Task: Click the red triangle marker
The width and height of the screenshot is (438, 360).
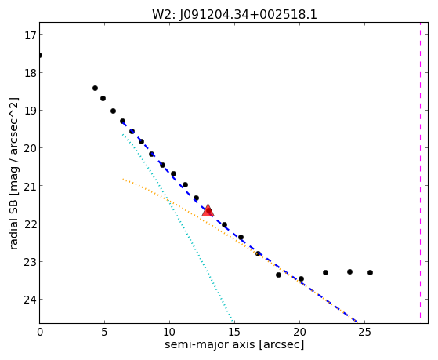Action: [x=208, y=211]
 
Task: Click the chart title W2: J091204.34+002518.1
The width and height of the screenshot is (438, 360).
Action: [x=234, y=15]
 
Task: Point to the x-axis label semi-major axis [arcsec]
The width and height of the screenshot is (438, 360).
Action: [x=234, y=344]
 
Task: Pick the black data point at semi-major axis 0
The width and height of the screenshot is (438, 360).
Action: [x=40, y=55]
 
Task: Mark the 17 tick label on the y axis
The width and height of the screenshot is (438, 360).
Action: [x=30, y=35]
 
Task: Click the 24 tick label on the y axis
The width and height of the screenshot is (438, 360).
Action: [x=30, y=300]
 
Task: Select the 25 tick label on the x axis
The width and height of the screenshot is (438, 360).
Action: [x=364, y=332]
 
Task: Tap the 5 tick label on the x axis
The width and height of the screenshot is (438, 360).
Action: [x=104, y=332]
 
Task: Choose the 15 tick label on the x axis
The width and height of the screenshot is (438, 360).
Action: [x=234, y=332]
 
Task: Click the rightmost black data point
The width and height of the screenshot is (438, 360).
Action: [x=370, y=272]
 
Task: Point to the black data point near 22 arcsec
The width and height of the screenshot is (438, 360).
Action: [x=325, y=272]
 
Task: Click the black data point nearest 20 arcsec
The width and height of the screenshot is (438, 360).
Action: [x=301, y=279]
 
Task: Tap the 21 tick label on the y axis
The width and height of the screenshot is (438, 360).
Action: [x=30, y=186]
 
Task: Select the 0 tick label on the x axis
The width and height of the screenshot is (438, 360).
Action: [x=40, y=332]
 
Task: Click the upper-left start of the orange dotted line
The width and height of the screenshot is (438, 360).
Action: [x=122, y=179]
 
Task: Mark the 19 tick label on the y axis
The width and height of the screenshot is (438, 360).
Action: [x=30, y=111]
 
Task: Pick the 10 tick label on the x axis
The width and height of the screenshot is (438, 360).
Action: [x=169, y=332]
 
